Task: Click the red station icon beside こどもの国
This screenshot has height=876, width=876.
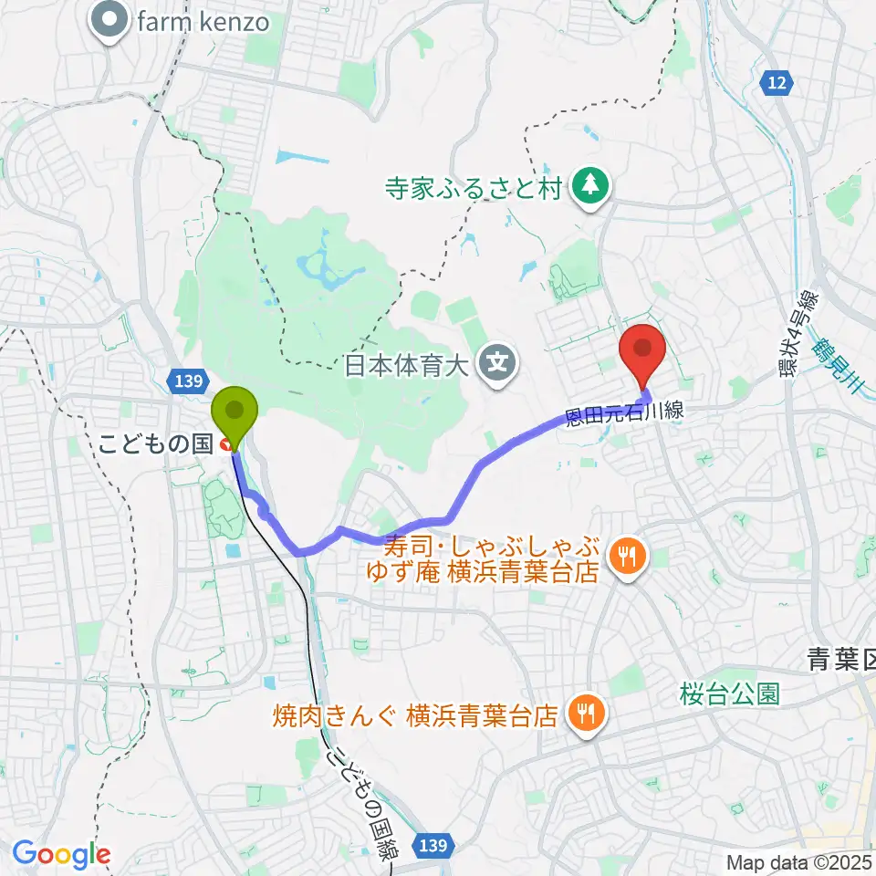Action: [x=224, y=445]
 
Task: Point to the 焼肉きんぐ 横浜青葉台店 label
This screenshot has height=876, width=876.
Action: [x=415, y=714]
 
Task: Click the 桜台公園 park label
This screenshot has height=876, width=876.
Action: [x=730, y=694]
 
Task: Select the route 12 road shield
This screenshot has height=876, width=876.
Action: [x=775, y=83]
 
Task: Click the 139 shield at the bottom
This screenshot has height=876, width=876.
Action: [x=434, y=847]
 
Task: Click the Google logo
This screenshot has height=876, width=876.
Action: [x=61, y=854]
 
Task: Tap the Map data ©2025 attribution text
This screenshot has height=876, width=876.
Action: [x=798, y=862]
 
